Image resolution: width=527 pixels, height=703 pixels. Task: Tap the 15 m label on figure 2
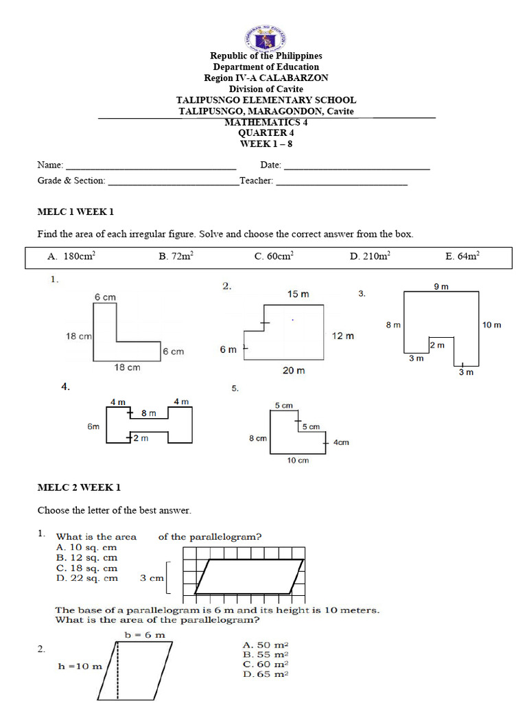pyautogui.click(x=298, y=294)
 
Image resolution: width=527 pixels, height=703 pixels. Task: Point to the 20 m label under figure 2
pyautogui.click(x=294, y=370)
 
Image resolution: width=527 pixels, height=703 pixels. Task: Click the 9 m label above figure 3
pyautogui.click(x=441, y=286)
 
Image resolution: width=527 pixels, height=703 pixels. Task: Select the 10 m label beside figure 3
pyautogui.click(x=491, y=325)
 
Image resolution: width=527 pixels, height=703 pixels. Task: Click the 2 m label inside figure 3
pyautogui.click(x=437, y=345)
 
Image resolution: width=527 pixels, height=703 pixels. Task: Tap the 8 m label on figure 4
pyautogui.click(x=149, y=413)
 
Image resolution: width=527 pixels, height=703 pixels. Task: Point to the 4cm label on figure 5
pyautogui.click(x=341, y=442)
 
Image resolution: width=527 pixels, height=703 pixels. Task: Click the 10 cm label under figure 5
pyautogui.click(x=297, y=460)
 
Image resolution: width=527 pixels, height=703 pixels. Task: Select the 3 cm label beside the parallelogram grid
pyautogui.click(x=152, y=578)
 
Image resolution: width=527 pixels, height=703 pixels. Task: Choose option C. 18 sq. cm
pyautogui.click(x=86, y=568)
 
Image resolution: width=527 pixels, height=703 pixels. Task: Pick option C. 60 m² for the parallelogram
pyautogui.click(x=266, y=664)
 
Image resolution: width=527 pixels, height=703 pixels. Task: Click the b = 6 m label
pyautogui.click(x=145, y=634)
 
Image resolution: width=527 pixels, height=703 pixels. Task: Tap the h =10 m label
pyautogui.click(x=80, y=665)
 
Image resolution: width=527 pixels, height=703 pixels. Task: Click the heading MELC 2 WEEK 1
pyautogui.click(x=79, y=487)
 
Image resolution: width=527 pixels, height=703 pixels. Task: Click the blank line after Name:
pyautogui.click(x=151, y=165)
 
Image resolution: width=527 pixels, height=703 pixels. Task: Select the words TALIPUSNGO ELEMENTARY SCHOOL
pyautogui.click(x=266, y=100)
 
